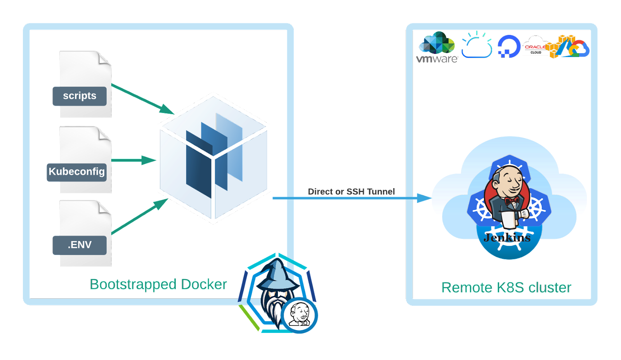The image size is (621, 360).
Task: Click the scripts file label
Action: click(x=80, y=96)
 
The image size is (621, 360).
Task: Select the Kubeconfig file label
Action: click(x=76, y=172)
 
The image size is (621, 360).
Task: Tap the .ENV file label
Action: click(x=80, y=245)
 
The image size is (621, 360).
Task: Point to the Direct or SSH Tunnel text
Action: click(x=351, y=191)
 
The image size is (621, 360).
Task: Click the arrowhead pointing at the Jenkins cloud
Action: click(x=425, y=198)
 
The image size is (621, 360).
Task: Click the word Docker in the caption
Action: click(x=204, y=284)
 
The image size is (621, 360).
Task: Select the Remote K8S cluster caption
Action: click(x=506, y=287)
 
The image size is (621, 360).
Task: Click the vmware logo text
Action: click(x=437, y=59)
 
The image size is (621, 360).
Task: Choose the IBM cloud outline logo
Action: click(x=477, y=47)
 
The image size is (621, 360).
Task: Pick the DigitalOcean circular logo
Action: click(x=509, y=46)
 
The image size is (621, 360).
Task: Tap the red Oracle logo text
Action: click(x=535, y=47)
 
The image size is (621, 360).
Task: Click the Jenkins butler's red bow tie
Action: click(x=512, y=201)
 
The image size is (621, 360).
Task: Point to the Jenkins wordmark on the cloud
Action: click(x=507, y=237)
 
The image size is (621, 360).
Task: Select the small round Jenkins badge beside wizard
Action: click(x=300, y=315)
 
